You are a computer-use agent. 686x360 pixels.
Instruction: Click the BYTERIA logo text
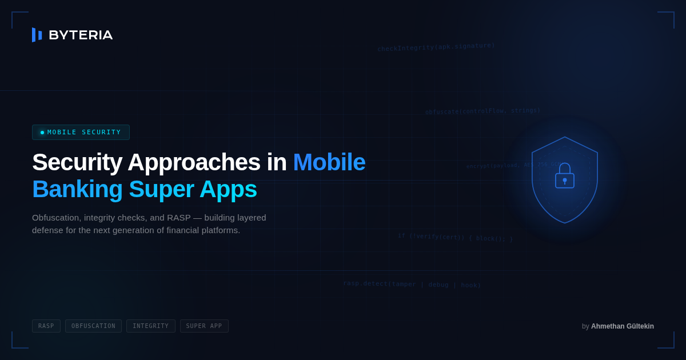[81, 35]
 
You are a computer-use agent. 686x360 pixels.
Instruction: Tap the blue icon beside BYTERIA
[37, 35]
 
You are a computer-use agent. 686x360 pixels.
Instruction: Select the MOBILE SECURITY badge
[81, 132]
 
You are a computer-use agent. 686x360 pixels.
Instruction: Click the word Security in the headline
[77, 162]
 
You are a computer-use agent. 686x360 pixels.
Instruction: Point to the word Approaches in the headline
[194, 162]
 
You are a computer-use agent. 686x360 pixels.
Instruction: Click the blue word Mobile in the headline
[329, 162]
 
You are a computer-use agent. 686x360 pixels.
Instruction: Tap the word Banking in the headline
[77, 189]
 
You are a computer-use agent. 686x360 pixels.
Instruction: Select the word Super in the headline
[161, 189]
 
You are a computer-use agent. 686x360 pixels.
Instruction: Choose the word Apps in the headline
[228, 189]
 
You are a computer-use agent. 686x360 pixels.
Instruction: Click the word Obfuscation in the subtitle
[57, 218]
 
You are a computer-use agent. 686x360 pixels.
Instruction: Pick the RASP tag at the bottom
[46, 326]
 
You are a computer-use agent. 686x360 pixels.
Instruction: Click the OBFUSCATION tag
[93, 326]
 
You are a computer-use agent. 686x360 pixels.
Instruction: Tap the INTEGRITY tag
[151, 326]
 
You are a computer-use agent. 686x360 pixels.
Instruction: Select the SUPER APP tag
[204, 326]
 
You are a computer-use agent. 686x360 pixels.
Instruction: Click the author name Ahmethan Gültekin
[622, 326]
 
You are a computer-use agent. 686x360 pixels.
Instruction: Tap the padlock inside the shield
[565, 177]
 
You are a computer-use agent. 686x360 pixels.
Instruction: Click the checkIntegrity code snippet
[436, 47]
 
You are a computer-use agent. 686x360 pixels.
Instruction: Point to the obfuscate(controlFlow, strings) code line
[482, 111]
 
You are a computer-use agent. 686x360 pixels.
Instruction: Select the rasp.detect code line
[412, 284]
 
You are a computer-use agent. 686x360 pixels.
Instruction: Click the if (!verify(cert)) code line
[455, 237]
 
